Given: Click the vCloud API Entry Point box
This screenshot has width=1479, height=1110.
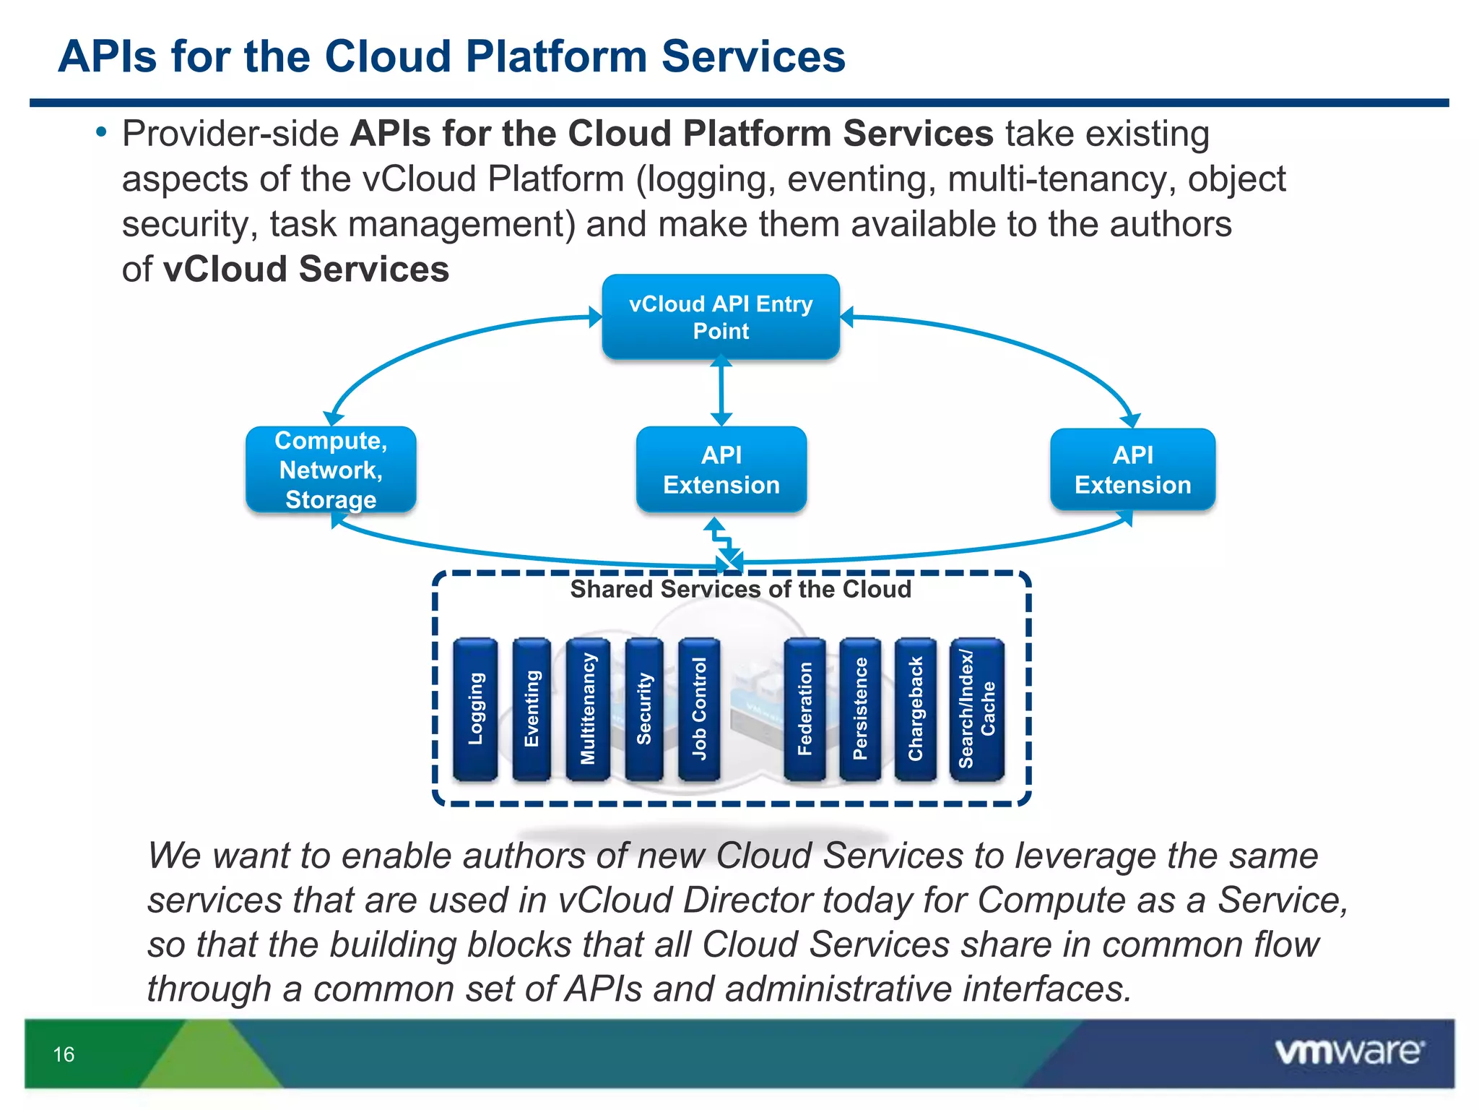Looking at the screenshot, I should click(721, 317).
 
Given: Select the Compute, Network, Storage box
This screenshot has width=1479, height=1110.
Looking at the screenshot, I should click(331, 470).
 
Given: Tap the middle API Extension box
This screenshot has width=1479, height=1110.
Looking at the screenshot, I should click(721, 470).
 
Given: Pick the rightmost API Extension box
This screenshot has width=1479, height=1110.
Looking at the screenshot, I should click(1132, 470).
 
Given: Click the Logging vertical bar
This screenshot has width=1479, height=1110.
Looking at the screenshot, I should click(475, 709).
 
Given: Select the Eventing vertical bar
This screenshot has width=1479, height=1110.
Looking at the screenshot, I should click(532, 709).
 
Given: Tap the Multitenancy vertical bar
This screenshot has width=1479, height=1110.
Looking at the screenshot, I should click(588, 709).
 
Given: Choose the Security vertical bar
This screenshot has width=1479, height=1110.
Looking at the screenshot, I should click(644, 709).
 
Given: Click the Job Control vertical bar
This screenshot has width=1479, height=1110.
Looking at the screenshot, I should click(699, 709).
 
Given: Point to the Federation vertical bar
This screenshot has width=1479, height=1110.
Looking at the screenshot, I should click(804, 709).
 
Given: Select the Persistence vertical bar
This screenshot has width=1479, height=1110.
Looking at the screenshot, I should click(860, 709).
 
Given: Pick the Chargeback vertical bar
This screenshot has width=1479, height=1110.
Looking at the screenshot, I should click(916, 709).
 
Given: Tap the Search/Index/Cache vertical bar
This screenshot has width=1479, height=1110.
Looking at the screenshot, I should click(976, 709).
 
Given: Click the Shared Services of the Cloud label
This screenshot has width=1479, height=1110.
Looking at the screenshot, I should click(740, 589).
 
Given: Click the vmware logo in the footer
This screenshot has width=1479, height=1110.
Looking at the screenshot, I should click(1349, 1051).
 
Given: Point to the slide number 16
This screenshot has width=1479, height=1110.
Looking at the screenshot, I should click(64, 1054).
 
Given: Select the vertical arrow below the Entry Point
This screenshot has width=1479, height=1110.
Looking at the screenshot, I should click(721, 392).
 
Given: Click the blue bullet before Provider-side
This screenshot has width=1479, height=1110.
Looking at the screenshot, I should click(101, 132).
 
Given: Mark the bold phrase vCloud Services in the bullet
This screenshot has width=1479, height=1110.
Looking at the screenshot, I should click(306, 270).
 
